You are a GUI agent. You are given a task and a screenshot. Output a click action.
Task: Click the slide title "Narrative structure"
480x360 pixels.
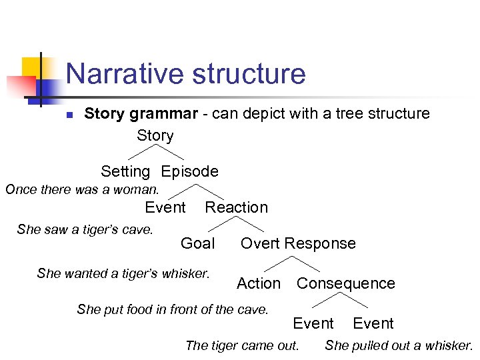tap(185, 73)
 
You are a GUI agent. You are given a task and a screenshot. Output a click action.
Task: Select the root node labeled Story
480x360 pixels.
tap(155, 135)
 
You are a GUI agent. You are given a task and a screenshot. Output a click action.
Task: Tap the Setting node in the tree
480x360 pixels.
tap(125, 171)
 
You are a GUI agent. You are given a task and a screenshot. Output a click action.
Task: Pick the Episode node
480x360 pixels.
tap(189, 171)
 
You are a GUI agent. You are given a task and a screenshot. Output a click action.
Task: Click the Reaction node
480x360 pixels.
tap(236, 207)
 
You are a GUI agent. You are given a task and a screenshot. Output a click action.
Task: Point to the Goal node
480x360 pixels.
tap(197, 243)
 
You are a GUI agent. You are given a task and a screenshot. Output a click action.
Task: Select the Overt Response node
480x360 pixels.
tap(298, 243)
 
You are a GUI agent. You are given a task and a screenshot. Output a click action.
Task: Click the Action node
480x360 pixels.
tap(259, 283)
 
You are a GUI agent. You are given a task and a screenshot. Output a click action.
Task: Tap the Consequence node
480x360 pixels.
tap(345, 283)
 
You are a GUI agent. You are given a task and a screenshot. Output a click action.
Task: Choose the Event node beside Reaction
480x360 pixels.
tap(165, 207)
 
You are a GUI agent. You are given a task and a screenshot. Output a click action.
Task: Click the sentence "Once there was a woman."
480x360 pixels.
tap(82, 189)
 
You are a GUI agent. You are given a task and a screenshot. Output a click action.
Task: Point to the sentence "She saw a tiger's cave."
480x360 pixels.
tap(85, 229)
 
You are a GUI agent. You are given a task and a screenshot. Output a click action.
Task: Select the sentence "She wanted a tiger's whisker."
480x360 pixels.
tap(123, 273)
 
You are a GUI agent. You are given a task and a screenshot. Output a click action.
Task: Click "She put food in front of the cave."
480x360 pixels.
tap(173, 309)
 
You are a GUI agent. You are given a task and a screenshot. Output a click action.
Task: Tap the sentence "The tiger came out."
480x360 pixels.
tap(242, 345)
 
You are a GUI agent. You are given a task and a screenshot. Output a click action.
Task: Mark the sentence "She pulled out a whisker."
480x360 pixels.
tap(399, 345)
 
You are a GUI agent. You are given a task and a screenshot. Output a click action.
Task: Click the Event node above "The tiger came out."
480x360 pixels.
tap(313, 323)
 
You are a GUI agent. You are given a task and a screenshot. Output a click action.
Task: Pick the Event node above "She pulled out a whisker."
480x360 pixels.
tap(373, 323)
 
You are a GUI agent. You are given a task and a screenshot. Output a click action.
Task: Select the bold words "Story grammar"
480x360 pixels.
tap(141, 113)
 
